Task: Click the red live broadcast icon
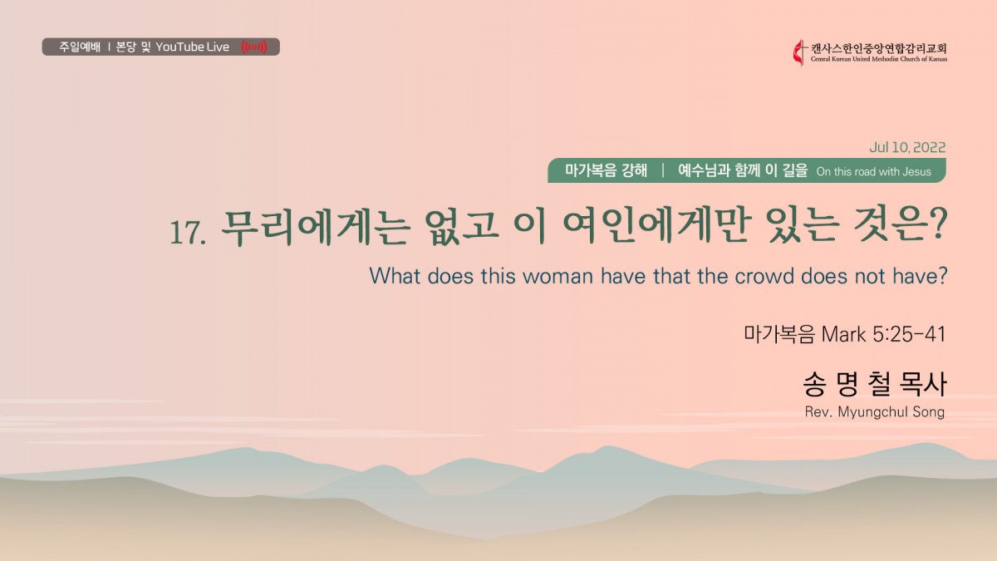coord(254,47)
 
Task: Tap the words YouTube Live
coord(192,47)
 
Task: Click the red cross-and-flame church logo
coord(800,53)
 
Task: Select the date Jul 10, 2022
coord(907,147)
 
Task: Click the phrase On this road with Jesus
coord(874,171)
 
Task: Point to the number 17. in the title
coord(188,232)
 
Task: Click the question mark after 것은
coord(937,225)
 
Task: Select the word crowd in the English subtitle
coord(764,276)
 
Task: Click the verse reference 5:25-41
coord(908,334)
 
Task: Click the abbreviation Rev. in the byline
coord(818,412)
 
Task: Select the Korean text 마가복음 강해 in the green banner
coord(606,170)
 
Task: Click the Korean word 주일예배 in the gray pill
coord(80,47)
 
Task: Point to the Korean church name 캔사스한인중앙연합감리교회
coord(879,48)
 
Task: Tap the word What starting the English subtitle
coord(395,276)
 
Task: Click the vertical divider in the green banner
coord(663,170)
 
